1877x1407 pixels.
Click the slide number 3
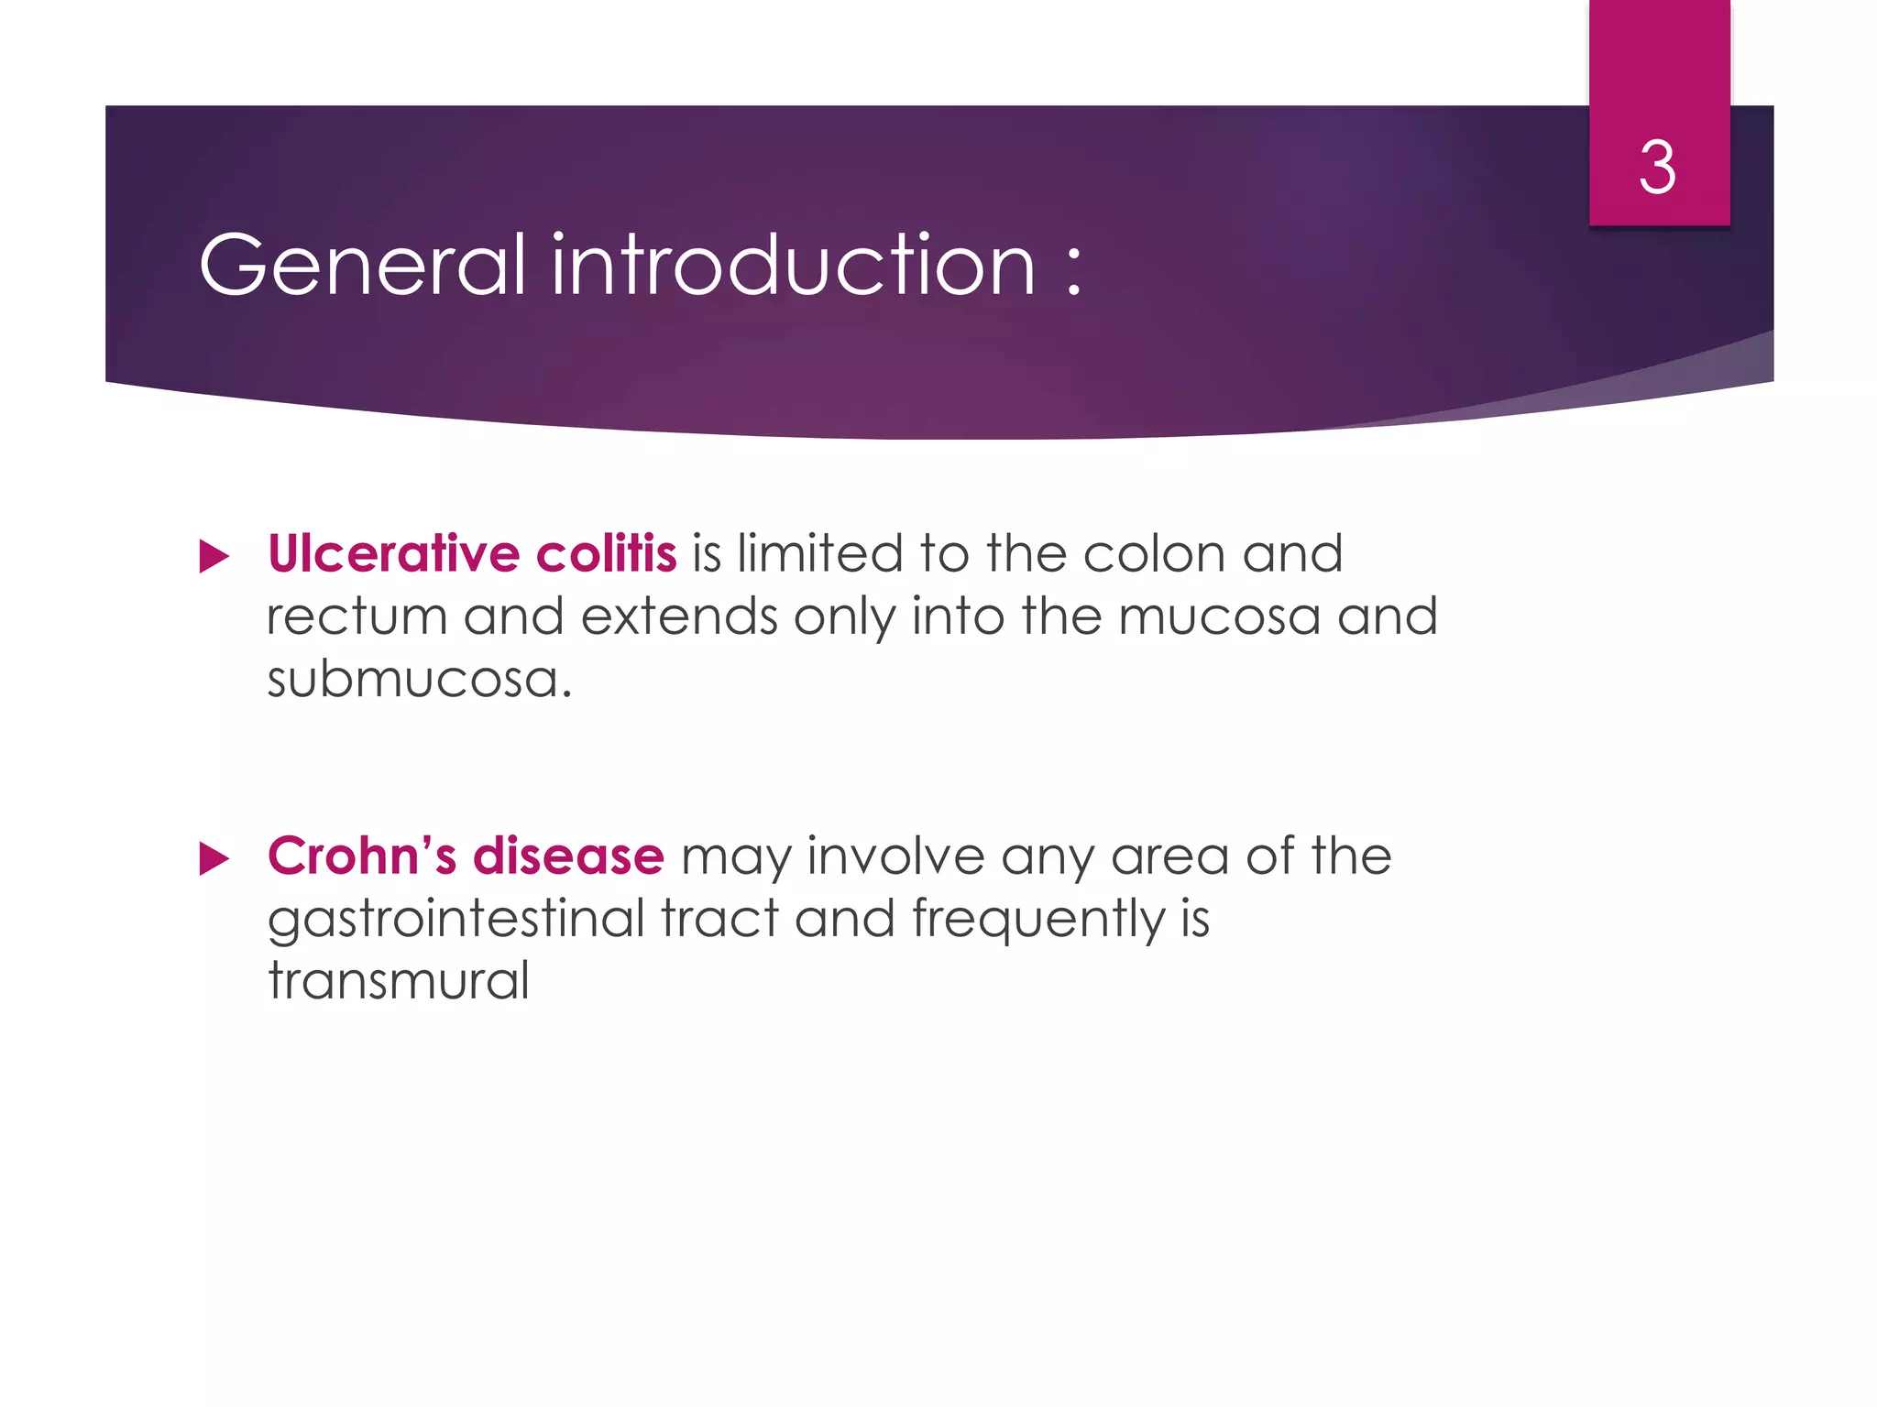click(1657, 168)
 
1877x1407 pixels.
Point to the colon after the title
click(1074, 271)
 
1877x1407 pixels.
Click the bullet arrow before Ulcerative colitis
click(214, 556)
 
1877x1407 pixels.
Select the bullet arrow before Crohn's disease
click(214, 858)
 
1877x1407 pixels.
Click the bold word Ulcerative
click(394, 554)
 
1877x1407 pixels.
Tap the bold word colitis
click(606, 554)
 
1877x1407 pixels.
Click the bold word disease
click(568, 856)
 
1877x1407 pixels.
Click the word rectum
click(357, 616)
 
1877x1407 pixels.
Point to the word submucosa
click(419, 679)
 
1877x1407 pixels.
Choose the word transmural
click(399, 981)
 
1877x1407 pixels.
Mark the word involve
click(895, 856)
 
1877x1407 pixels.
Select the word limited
click(820, 554)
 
